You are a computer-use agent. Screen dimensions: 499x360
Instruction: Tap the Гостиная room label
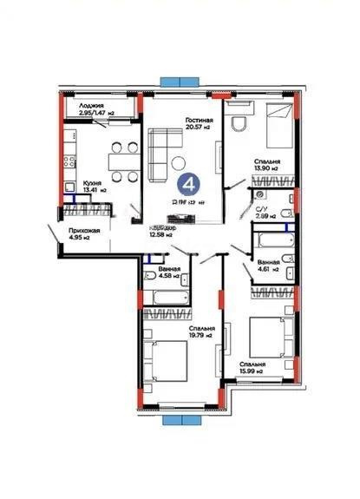click(200, 121)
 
